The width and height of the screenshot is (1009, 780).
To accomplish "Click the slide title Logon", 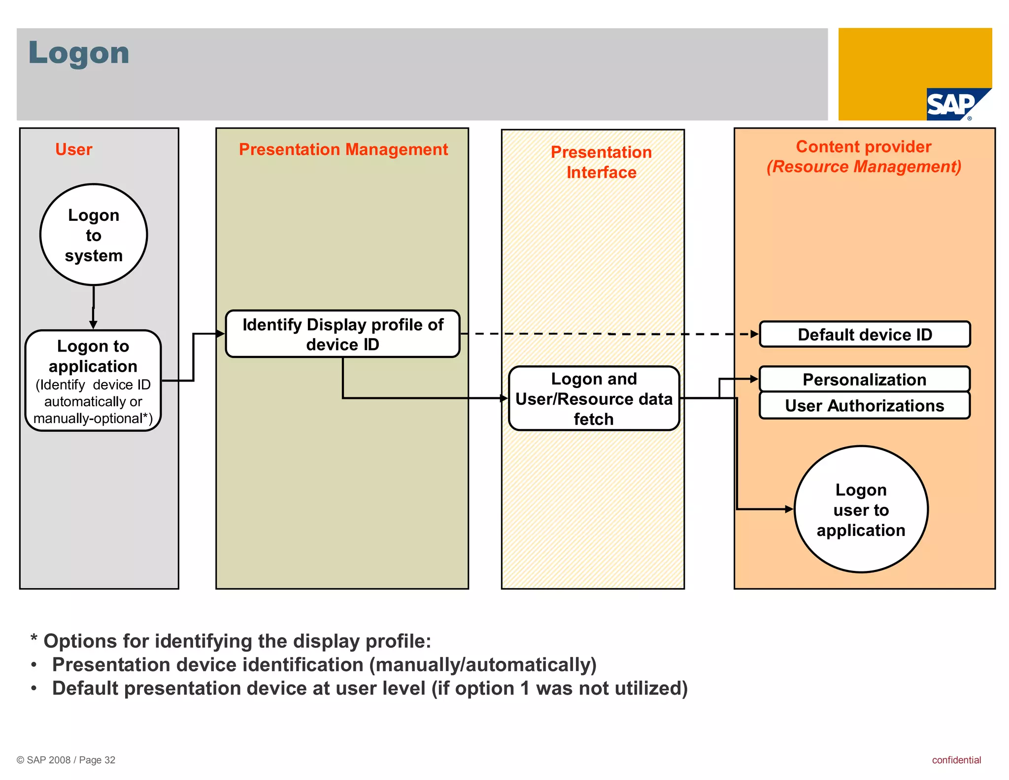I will click(x=79, y=53).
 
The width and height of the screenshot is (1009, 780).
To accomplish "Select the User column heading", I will click(x=73, y=149).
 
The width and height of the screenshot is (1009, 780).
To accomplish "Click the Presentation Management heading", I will click(x=343, y=149).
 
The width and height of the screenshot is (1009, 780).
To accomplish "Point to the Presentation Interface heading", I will click(x=601, y=162).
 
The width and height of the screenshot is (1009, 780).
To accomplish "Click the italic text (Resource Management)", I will click(x=863, y=167).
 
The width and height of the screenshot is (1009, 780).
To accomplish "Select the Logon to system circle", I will click(x=94, y=235).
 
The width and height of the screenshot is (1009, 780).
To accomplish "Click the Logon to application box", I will click(x=93, y=381).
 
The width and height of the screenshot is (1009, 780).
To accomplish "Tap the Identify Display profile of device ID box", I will click(x=342, y=334).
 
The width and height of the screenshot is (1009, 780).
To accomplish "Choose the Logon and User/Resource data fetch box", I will click(x=594, y=398).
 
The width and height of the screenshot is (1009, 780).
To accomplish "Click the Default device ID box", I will click(x=865, y=335).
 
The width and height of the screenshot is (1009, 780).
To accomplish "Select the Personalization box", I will click(x=865, y=380).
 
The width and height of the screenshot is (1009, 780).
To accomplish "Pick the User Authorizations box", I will click(x=865, y=406).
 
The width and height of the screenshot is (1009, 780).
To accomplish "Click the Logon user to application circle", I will click(x=861, y=510).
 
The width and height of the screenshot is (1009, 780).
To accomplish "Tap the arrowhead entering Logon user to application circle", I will click(x=789, y=509).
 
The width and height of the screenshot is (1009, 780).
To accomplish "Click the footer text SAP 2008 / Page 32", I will click(x=66, y=760).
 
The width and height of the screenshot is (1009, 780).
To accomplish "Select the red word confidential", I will click(x=956, y=760).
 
